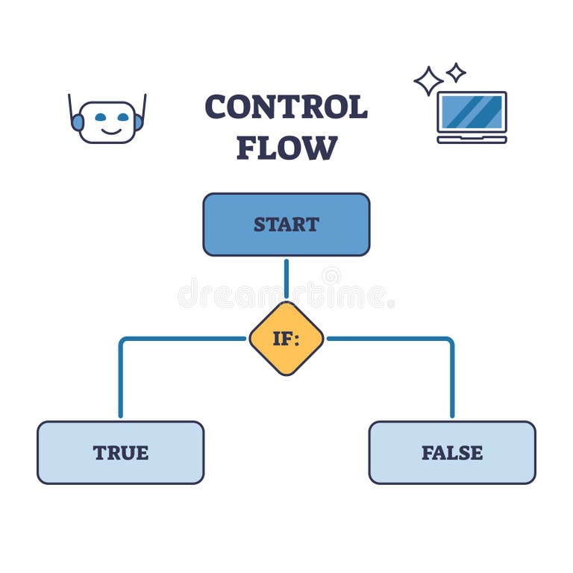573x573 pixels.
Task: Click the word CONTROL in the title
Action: point(286,107)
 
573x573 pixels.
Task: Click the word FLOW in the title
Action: point(286,148)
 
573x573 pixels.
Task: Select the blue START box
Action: point(286,224)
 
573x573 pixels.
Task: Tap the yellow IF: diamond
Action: point(286,338)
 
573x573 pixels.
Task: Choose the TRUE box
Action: point(120,452)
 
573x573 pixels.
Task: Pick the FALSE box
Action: point(452,452)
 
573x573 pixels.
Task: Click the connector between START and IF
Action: point(286,278)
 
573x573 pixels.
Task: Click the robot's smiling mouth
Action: point(109,131)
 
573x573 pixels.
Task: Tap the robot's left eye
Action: point(100,117)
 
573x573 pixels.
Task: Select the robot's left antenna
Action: point(70,104)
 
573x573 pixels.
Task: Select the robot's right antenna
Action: point(144,104)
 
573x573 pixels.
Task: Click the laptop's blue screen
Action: point(472,111)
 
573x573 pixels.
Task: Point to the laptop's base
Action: point(472,139)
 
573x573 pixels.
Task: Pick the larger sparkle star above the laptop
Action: point(428,81)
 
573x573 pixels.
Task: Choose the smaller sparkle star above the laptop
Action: point(456,72)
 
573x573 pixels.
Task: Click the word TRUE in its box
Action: point(120,452)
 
